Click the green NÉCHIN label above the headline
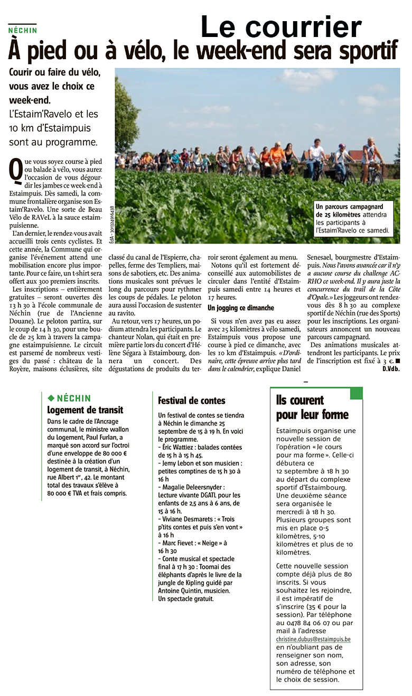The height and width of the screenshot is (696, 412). pyautogui.click(x=23, y=30)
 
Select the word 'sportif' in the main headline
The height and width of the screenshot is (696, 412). pyautogui.click(x=364, y=51)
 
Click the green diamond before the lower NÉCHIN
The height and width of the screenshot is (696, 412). pyautogui.click(x=51, y=398)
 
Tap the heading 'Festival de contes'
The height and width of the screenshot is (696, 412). pyautogui.click(x=191, y=401)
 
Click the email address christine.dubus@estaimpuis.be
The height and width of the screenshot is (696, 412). pyautogui.click(x=313, y=639)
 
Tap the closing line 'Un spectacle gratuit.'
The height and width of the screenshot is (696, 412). pyautogui.click(x=186, y=598)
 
